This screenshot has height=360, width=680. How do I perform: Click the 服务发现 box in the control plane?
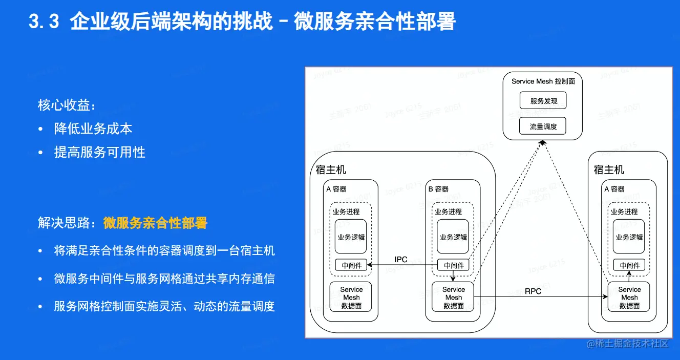coord(543,101)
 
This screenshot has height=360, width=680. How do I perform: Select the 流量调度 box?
coord(543,126)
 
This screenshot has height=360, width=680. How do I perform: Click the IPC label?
coord(401,260)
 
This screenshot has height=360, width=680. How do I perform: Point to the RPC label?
coord(533,291)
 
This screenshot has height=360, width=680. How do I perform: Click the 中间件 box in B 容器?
coord(454,265)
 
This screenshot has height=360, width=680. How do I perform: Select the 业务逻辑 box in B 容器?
coord(453,237)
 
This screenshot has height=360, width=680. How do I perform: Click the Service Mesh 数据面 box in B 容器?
coord(453,298)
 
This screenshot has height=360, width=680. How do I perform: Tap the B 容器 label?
coord(438,189)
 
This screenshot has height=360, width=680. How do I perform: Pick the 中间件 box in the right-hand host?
coord(629,265)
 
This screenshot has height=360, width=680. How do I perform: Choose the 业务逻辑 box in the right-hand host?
coord(629,237)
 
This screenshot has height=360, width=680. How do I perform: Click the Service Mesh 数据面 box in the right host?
coord(629,298)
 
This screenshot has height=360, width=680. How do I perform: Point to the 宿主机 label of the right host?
coord(609,170)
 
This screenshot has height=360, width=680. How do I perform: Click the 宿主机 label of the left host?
coord(331,170)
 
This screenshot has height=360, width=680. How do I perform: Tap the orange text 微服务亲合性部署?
coord(155,223)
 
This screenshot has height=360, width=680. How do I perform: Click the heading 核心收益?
coord(67,105)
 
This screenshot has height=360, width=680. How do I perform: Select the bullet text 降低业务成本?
coord(93,129)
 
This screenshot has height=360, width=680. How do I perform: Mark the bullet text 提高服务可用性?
coord(100,153)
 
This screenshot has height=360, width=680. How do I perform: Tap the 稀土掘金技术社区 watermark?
coord(631,344)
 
